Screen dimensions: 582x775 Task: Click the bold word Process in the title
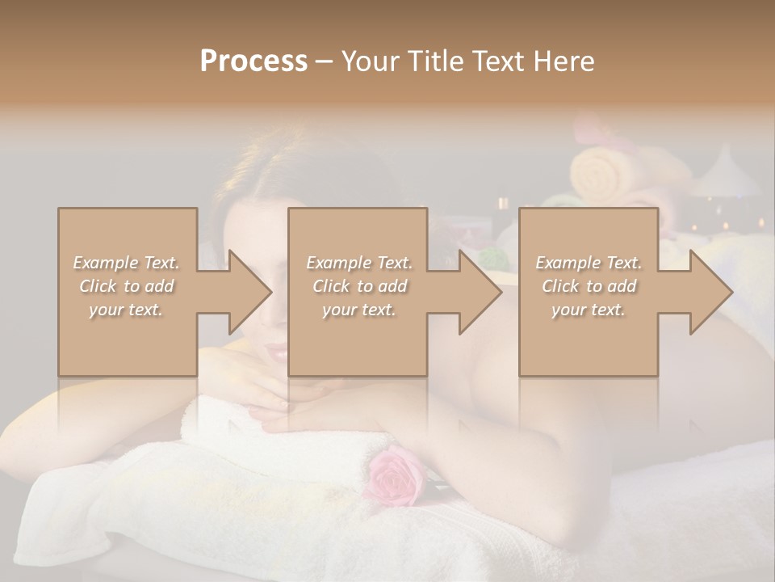pyautogui.click(x=253, y=61)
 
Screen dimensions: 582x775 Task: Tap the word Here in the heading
pyautogui.click(x=563, y=61)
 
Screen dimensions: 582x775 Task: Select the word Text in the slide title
pyautogui.click(x=501, y=61)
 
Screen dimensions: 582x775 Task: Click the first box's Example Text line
pyautogui.click(x=127, y=263)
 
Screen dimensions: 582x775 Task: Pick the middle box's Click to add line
pyautogui.click(x=358, y=286)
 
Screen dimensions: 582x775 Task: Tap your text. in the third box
pyautogui.click(x=588, y=310)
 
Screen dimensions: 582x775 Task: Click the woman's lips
pyautogui.click(x=277, y=352)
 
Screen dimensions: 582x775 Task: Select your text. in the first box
pyautogui.click(x=127, y=310)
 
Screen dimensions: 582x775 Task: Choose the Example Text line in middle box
pyautogui.click(x=358, y=263)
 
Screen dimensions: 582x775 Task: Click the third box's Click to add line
pyautogui.click(x=588, y=286)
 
